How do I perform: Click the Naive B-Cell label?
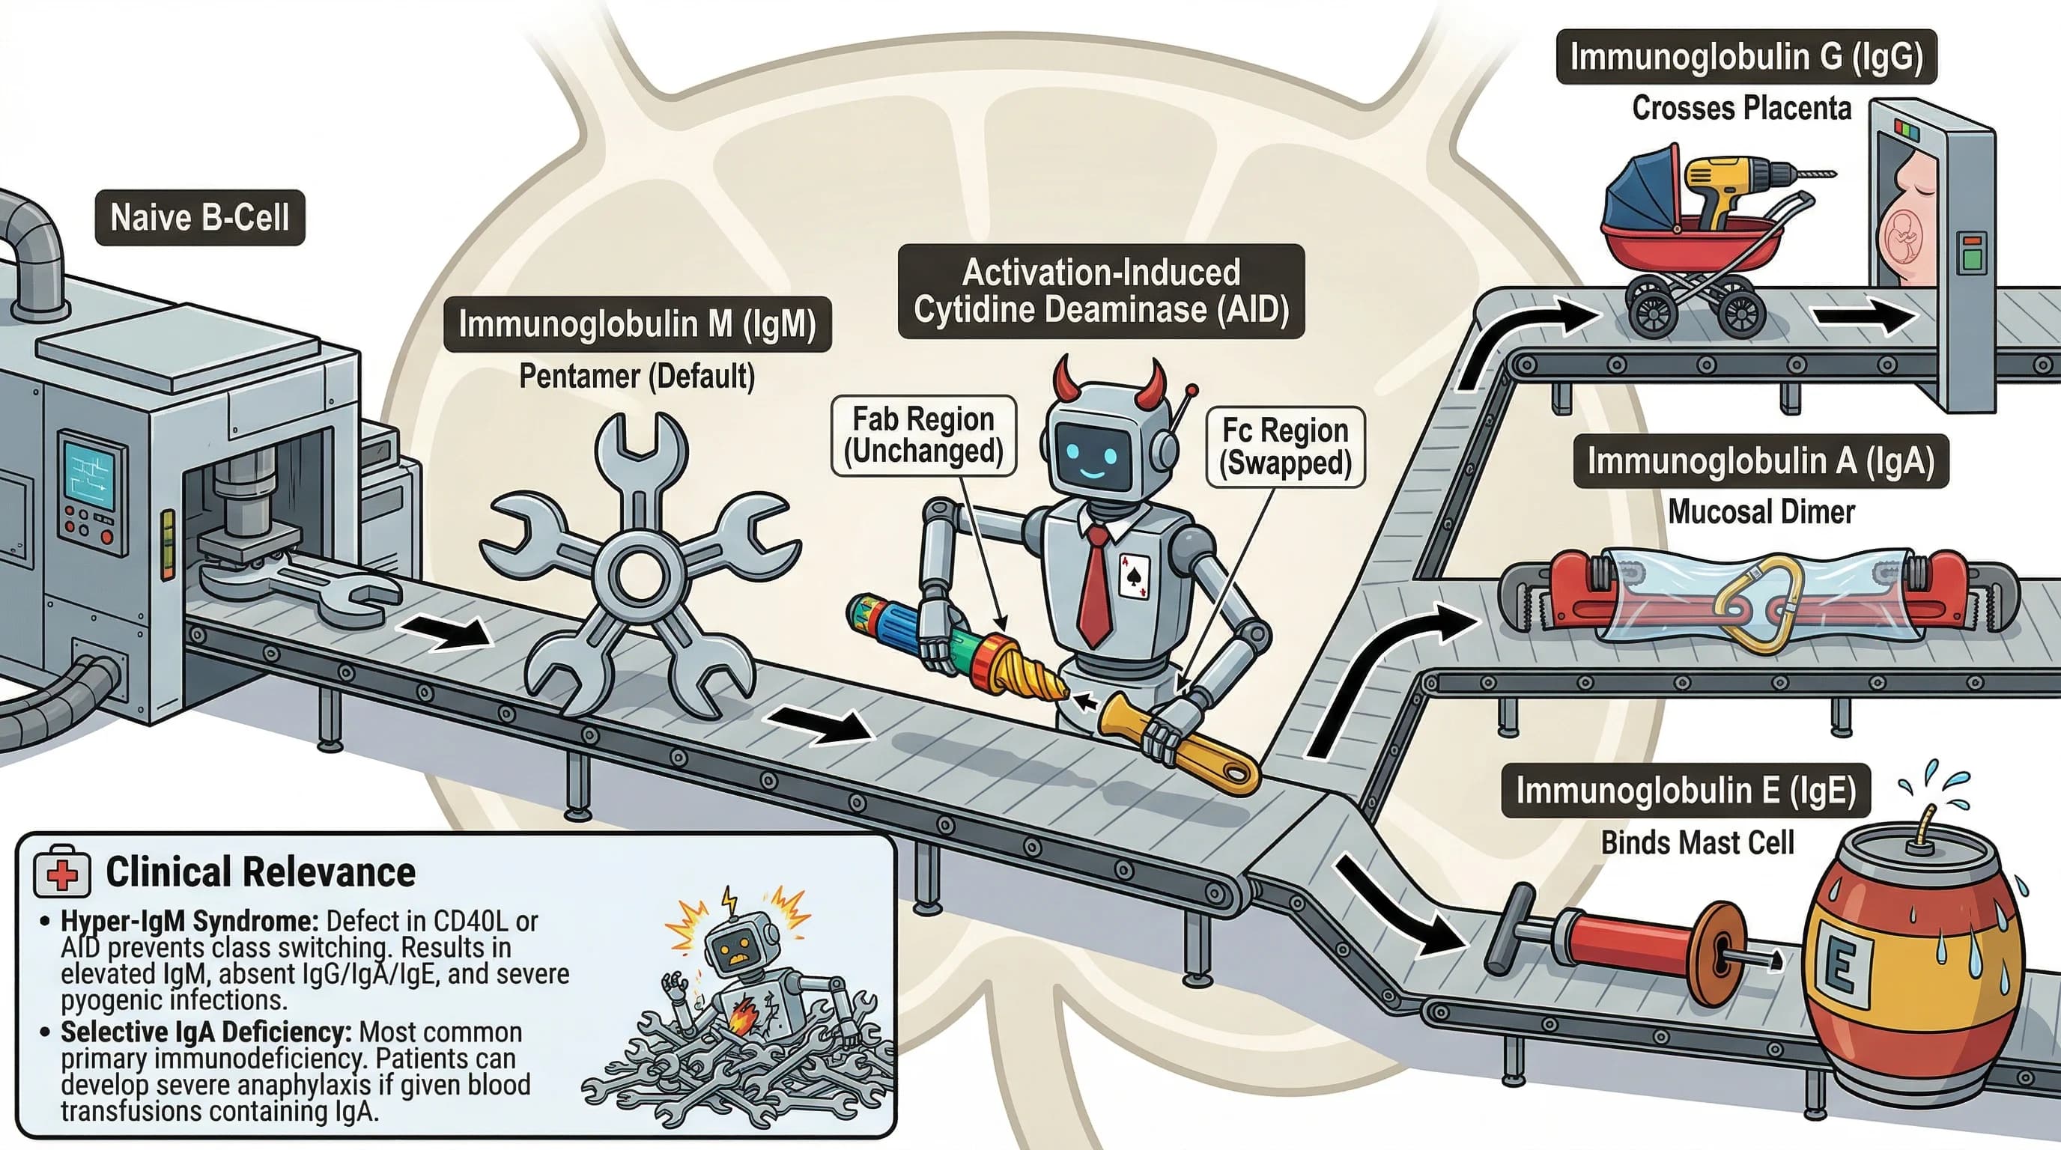point(199,218)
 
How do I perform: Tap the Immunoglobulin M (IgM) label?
point(637,325)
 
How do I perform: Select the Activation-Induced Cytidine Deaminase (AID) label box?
point(1101,291)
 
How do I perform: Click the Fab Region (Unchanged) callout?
point(923,435)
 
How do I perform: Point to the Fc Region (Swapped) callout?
point(1285,447)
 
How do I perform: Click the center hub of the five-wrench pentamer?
point(637,570)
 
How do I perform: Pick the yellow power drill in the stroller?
point(1728,188)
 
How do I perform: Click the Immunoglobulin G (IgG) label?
point(1746,57)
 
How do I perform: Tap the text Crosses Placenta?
point(1741,108)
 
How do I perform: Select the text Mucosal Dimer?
point(1760,512)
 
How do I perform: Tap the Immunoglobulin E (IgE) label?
point(1685,790)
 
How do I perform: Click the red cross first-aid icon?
point(61,874)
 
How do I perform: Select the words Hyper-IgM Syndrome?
point(189,922)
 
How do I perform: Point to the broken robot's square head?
point(737,947)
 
